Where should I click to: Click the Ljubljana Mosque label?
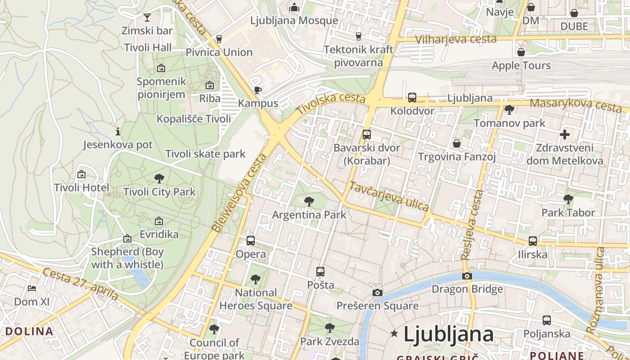point(294,20)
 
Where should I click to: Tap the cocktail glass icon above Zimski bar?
point(147,18)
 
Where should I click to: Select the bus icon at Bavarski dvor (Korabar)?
point(367,134)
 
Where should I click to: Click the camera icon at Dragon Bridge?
point(467,276)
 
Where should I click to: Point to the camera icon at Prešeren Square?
point(378,293)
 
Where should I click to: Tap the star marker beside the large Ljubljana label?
point(395,333)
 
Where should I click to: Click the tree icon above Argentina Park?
point(309,201)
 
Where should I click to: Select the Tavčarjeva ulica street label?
point(389,197)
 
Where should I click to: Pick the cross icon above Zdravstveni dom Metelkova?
point(565,135)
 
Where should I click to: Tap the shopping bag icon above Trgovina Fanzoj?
point(457,144)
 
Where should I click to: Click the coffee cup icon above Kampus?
point(258,90)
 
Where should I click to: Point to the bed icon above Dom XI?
point(31,288)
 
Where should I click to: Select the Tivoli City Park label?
point(159,192)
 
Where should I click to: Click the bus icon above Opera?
point(251,241)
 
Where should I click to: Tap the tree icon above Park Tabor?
point(568,199)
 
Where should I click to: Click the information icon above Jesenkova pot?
point(118,131)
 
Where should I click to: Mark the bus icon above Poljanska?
point(546,320)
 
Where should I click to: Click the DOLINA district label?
point(29,332)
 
